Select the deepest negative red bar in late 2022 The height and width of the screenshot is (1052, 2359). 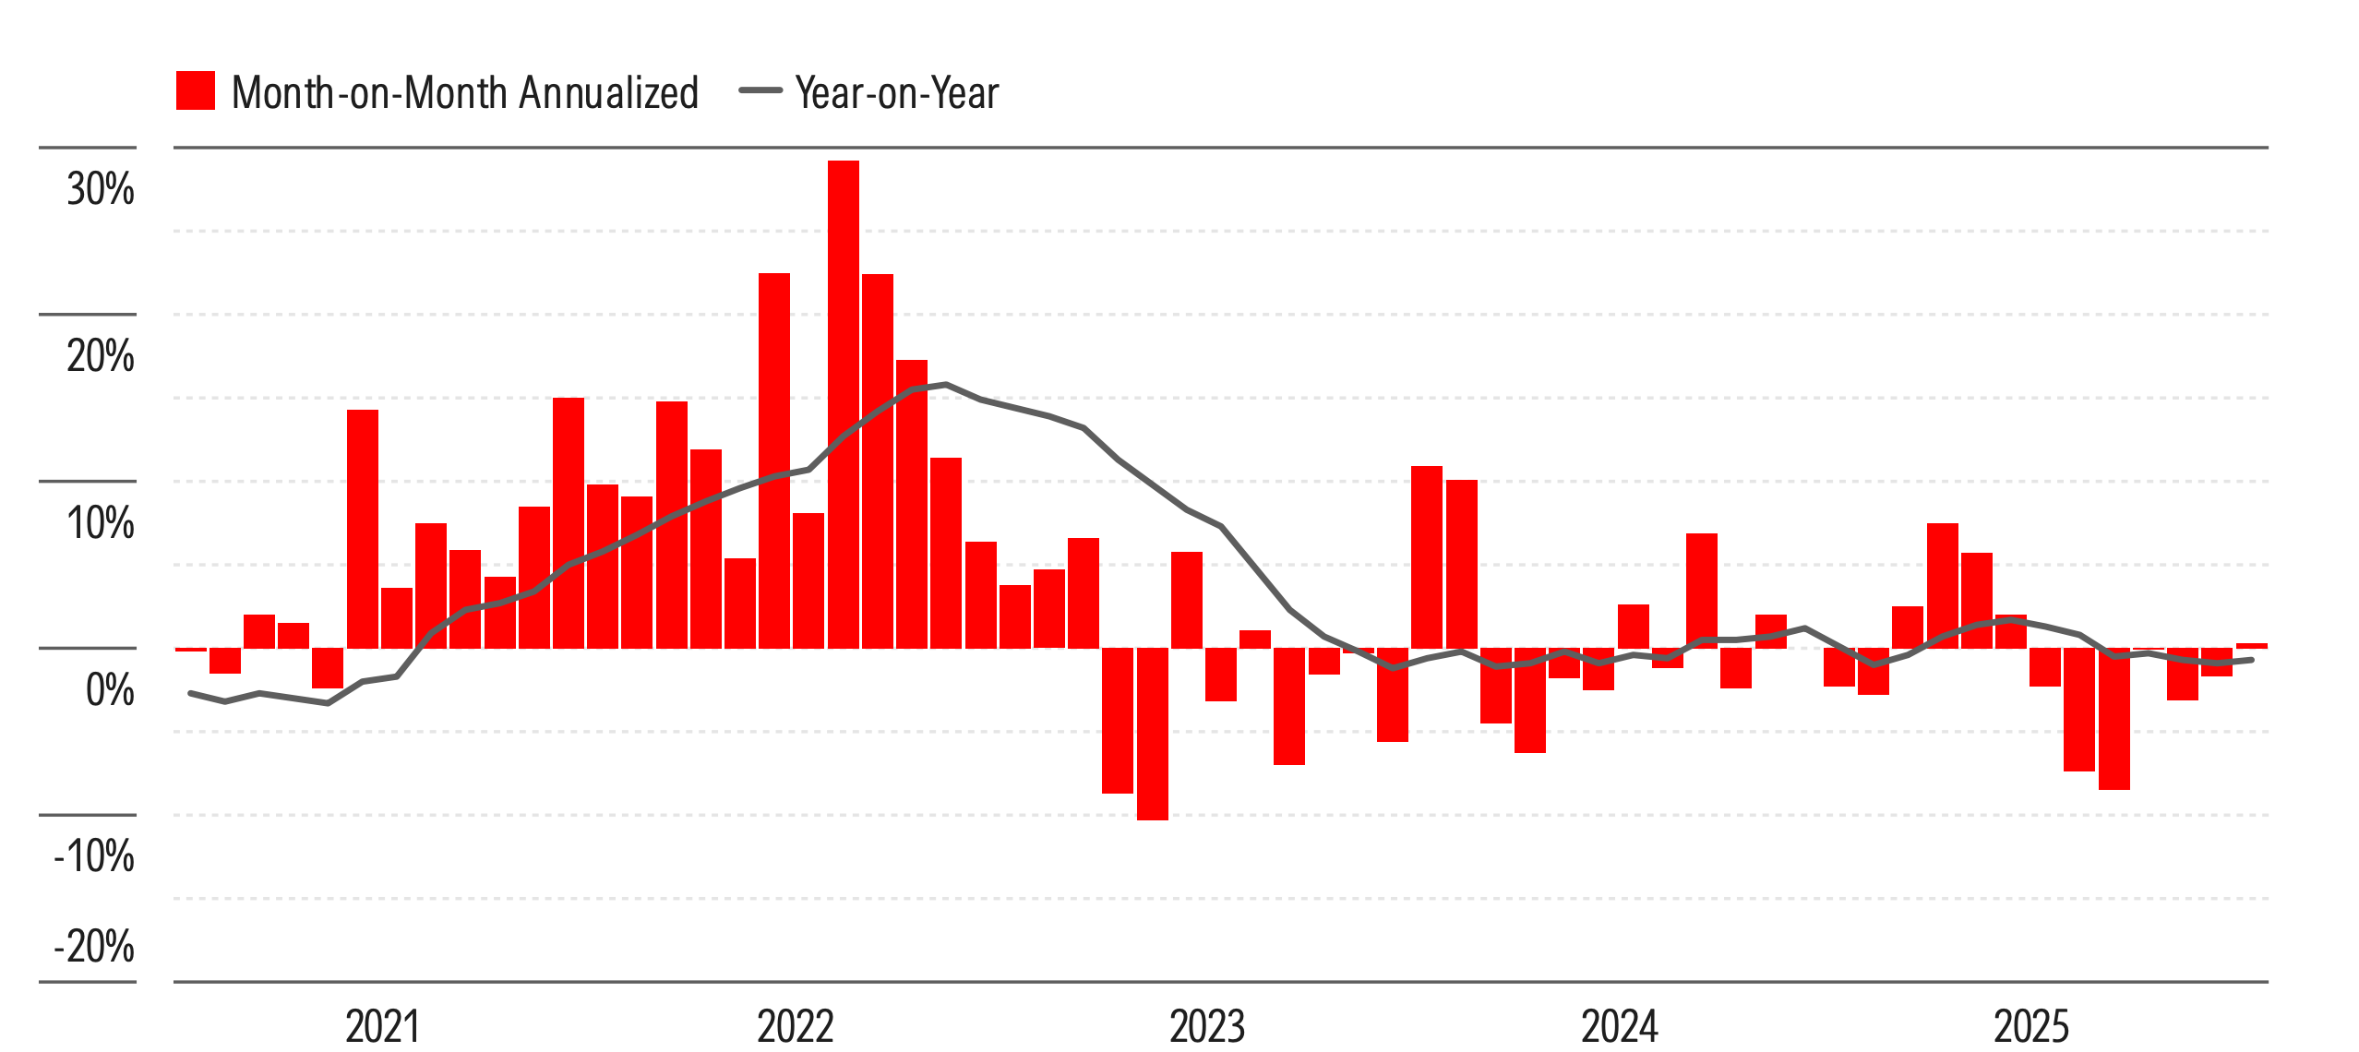pyautogui.click(x=1152, y=734)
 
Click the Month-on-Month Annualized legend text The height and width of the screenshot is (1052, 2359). pyautogui.click(x=464, y=93)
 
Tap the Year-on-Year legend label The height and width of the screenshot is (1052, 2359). pyautogui.click(x=896, y=93)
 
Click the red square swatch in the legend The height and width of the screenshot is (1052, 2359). pyautogui.click(x=195, y=90)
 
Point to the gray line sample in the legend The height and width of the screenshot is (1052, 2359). pyautogui.click(x=760, y=90)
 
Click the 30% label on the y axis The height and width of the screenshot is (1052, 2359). pyautogui.click(x=100, y=190)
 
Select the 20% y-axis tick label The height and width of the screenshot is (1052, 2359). pyautogui.click(x=100, y=357)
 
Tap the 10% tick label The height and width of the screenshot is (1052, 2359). pyautogui.click(x=100, y=524)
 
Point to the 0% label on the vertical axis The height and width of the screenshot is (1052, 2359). pyautogui.click(x=109, y=690)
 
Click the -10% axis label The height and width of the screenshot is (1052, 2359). pyautogui.click(x=94, y=857)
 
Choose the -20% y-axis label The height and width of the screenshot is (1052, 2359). pyautogui.click(x=94, y=947)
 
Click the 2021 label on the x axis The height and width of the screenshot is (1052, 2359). pyautogui.click(x=382, y=1026)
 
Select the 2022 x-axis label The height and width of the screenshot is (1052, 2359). pyautogui.click(x=795, y=1026)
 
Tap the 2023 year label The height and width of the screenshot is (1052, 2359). pyautogui.click(x=1207, y=1026)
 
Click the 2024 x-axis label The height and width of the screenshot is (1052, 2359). pyautogui.click(x=1619, y=1026)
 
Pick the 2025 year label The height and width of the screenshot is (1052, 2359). pyautogui.click(x=2031, y=1026)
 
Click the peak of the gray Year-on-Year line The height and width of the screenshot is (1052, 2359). pyautogui.click(x=945, y=385)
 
